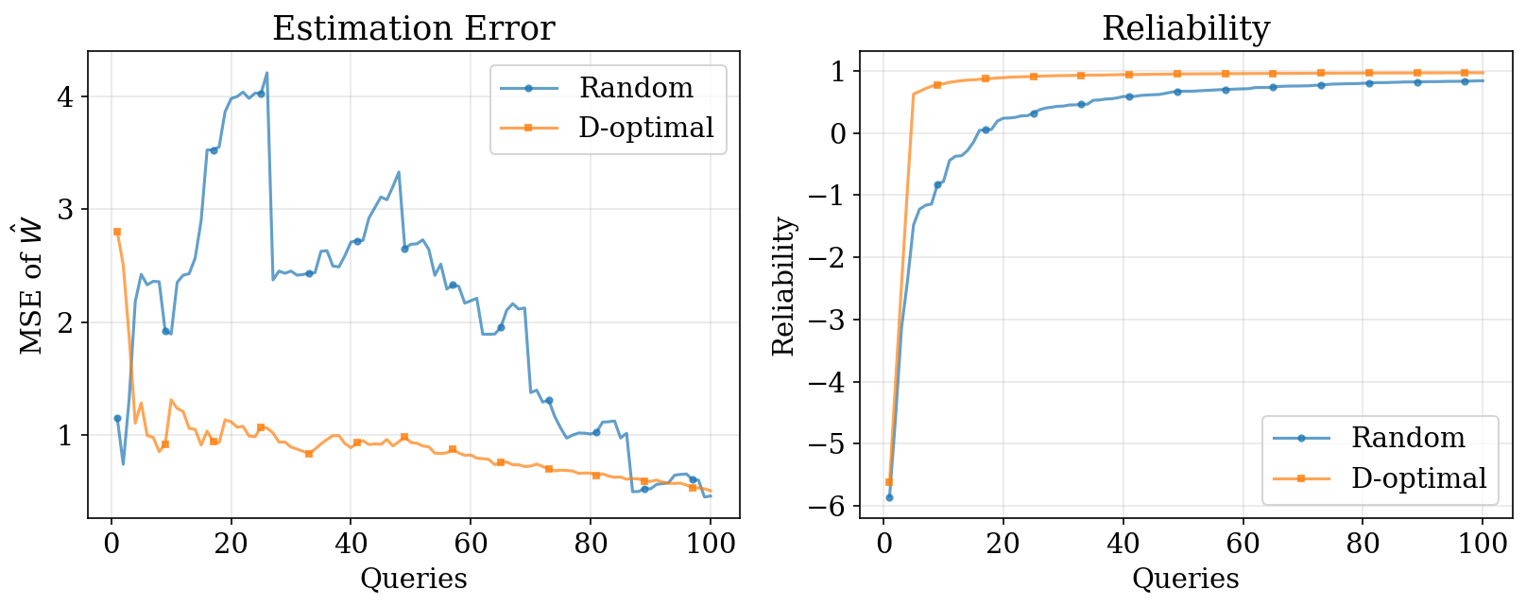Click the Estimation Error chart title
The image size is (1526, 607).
point(413,28)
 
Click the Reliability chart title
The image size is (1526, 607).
point(1185,28)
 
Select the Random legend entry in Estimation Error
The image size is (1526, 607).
point(635,88)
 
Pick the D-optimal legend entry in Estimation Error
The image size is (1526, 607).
point(645,128)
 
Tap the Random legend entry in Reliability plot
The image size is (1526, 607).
point(1407,438)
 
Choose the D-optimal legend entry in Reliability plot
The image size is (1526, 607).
point(1418,478)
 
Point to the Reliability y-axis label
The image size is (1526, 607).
point(784,286)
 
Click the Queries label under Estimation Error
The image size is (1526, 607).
point(413,579)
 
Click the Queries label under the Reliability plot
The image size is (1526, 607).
point(1185,579)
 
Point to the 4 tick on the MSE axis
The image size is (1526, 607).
point(66,96)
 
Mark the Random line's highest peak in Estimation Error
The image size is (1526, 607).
point(266,73)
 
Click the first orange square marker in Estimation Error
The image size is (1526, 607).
point(117,232)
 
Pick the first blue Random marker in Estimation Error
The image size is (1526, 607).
point(117,418)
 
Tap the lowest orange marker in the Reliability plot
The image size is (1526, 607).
point(889,482)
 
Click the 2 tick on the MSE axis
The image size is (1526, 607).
point(66,322)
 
